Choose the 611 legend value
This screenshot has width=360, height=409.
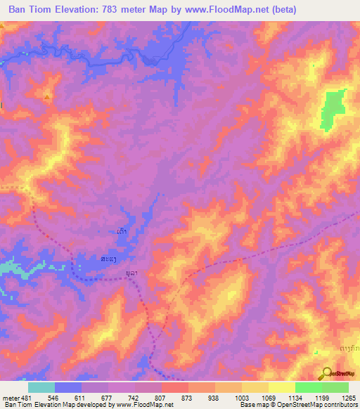pos(67,397)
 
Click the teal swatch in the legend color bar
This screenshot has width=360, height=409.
pos(41,387)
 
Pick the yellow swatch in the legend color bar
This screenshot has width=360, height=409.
pos(281,387)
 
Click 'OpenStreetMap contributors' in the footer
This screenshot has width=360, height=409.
pos(316,405)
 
